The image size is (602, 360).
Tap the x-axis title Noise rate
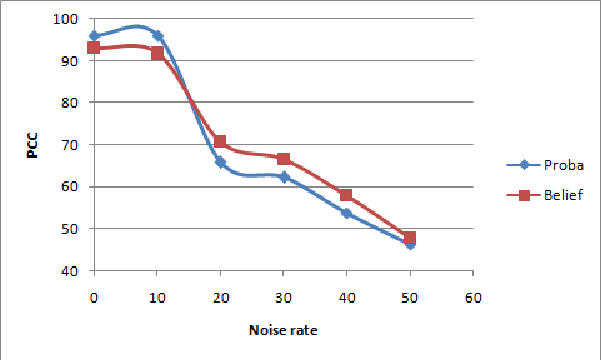point(282,329)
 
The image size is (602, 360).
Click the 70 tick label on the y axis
point(70,145)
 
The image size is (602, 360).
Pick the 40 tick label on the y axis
point(70,271)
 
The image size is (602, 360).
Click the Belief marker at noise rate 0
point(94,48)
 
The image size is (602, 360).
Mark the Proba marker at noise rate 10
point(157,36)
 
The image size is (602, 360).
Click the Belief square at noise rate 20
point(220,142)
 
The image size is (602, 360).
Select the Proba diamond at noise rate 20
point(220,162)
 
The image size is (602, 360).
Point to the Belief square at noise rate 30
point(283,159)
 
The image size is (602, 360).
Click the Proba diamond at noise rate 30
point(283,177)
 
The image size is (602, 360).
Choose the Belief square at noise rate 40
point(346,195)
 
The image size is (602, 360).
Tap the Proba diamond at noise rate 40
point(346,213)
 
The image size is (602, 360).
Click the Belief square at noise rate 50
point(410,238)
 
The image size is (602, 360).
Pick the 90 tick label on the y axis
point(70,61)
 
